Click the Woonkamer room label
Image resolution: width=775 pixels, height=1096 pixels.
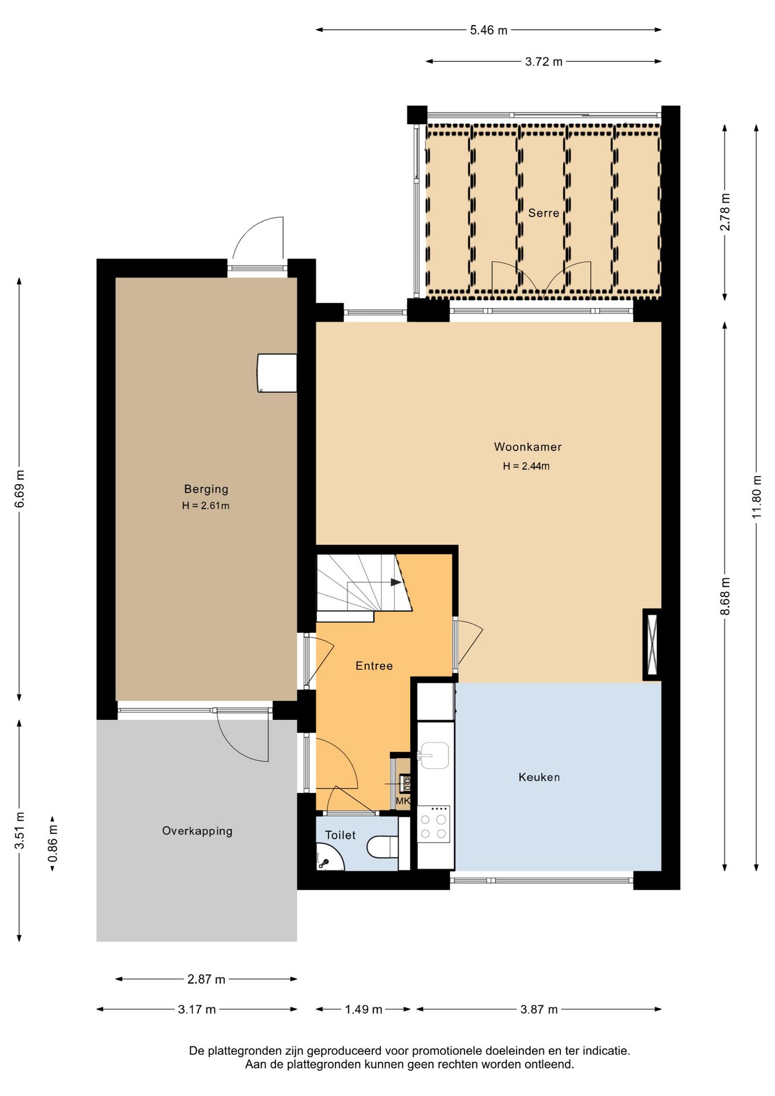(x=527, y=447)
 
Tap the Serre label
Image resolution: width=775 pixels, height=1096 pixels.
(x=543, y=213)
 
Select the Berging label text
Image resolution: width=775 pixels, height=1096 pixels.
(x=206, y=489)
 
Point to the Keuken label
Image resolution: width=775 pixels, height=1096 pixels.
(x=539, y=777)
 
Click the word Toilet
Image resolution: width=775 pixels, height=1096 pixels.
(x=340, y=835)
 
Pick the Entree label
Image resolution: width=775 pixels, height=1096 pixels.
(x=374, y=666)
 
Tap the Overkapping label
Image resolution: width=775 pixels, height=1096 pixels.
(x=197, y=831)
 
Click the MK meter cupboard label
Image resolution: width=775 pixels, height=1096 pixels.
(x=403, y=801)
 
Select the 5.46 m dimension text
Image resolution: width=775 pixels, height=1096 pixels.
(x=489, y=30)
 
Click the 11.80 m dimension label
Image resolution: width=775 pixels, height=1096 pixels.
(x=757, y=497)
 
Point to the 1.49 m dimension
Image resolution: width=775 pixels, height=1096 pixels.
(x=363, y=1009)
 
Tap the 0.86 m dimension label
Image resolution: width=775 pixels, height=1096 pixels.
(x=53, y=844)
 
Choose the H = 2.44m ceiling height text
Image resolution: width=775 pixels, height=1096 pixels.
(x=526, y=466)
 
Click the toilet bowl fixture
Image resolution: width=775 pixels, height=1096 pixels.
(x=382, y=847)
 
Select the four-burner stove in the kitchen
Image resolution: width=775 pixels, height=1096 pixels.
(x=433, y=824)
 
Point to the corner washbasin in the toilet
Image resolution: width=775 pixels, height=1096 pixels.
(x=328, y=858)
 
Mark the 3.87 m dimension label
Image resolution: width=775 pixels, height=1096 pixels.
(x=539, y=1009)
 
